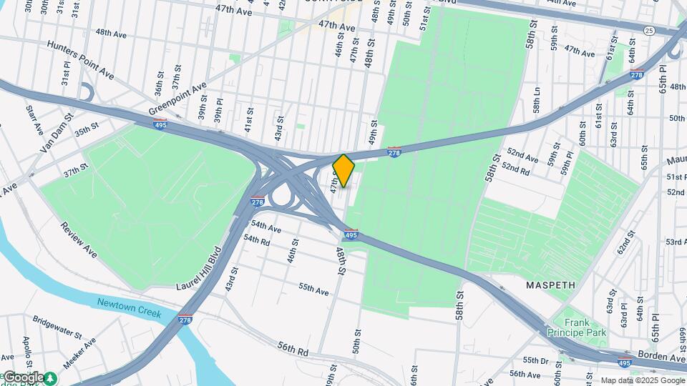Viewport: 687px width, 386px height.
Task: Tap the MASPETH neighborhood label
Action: pyautogui.click(x=550, y=284)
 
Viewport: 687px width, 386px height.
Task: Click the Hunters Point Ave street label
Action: pyautogui.click(x=81, y=59)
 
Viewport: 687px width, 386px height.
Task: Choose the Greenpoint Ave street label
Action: pyautogui.click(x=177, y=99)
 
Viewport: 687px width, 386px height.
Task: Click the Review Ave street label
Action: pyautogui.click(x=79, y=239)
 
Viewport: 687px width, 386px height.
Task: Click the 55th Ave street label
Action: pyautogui.click(x=313, y=289)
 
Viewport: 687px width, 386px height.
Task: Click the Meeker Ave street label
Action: pyautogui.click(x=79, y=355)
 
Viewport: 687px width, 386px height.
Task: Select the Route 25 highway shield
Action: pyautogui.click(x=649, y=30)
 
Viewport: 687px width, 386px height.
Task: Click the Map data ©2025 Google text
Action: pyautogui.click(x=643, y=380)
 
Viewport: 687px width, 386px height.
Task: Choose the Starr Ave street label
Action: pyautogui.click(x=34, y=120)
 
